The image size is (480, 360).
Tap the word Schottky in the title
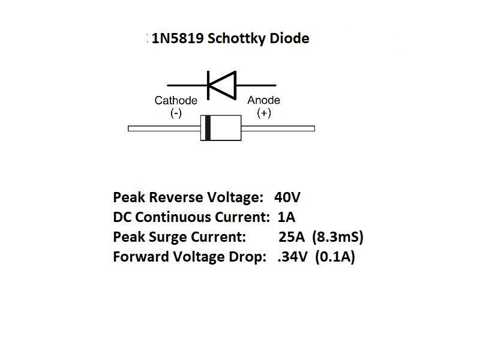(238, 39)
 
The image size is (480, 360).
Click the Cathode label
(176, 100)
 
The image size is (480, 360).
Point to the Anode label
(264, 100)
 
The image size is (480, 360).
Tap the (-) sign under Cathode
(176, 113)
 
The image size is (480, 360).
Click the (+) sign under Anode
(264, 113)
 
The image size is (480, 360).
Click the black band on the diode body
(208, 128)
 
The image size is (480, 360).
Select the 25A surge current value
(292, 237)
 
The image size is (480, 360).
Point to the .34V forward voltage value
(292, 257)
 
